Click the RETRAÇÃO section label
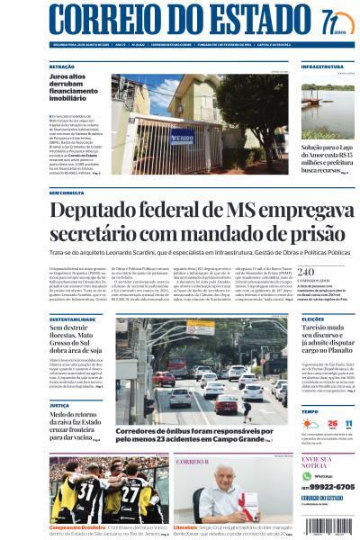pos(63,67)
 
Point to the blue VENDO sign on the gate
pos(182,139)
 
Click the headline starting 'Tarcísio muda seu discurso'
pos(328,343)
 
